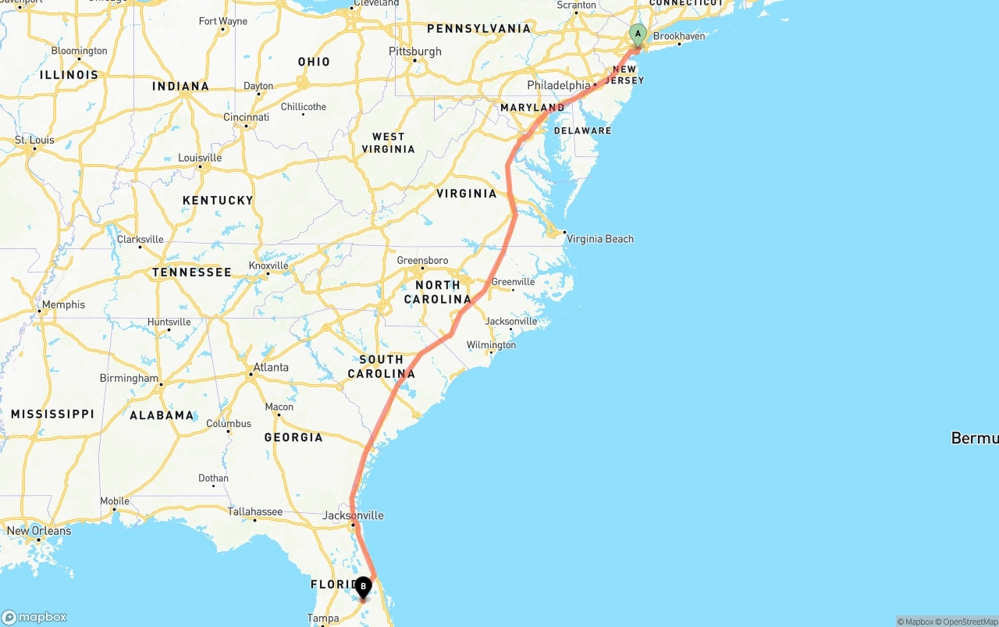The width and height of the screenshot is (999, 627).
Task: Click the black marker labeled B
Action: pos(363,587)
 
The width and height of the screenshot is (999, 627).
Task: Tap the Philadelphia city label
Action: pos(559,85)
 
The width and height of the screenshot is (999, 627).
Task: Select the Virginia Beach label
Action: pos(599,239)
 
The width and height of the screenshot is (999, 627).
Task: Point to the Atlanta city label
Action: pos(271,367)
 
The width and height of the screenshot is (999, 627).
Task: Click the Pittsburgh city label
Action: pos(415,52)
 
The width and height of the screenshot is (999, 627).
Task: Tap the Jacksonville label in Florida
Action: pos(353,515)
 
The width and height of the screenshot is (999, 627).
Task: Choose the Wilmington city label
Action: pos(491,345)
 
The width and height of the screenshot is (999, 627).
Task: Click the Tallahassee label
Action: pos(255,512)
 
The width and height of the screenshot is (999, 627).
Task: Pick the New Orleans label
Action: pos(38,531)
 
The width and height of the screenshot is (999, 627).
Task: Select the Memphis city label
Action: pos(63,305)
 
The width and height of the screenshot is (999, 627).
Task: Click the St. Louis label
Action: pos(34,141)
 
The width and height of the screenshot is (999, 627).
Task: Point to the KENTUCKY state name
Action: pos(218,201)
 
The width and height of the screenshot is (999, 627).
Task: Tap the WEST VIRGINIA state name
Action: pos(388,143)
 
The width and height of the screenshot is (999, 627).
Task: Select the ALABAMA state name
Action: pos(162,415)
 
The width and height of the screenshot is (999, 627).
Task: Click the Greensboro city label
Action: pos(422,261)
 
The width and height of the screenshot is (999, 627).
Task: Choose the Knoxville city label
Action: pos(268,265)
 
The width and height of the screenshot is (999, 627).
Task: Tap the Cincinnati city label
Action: pos(246,118)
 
